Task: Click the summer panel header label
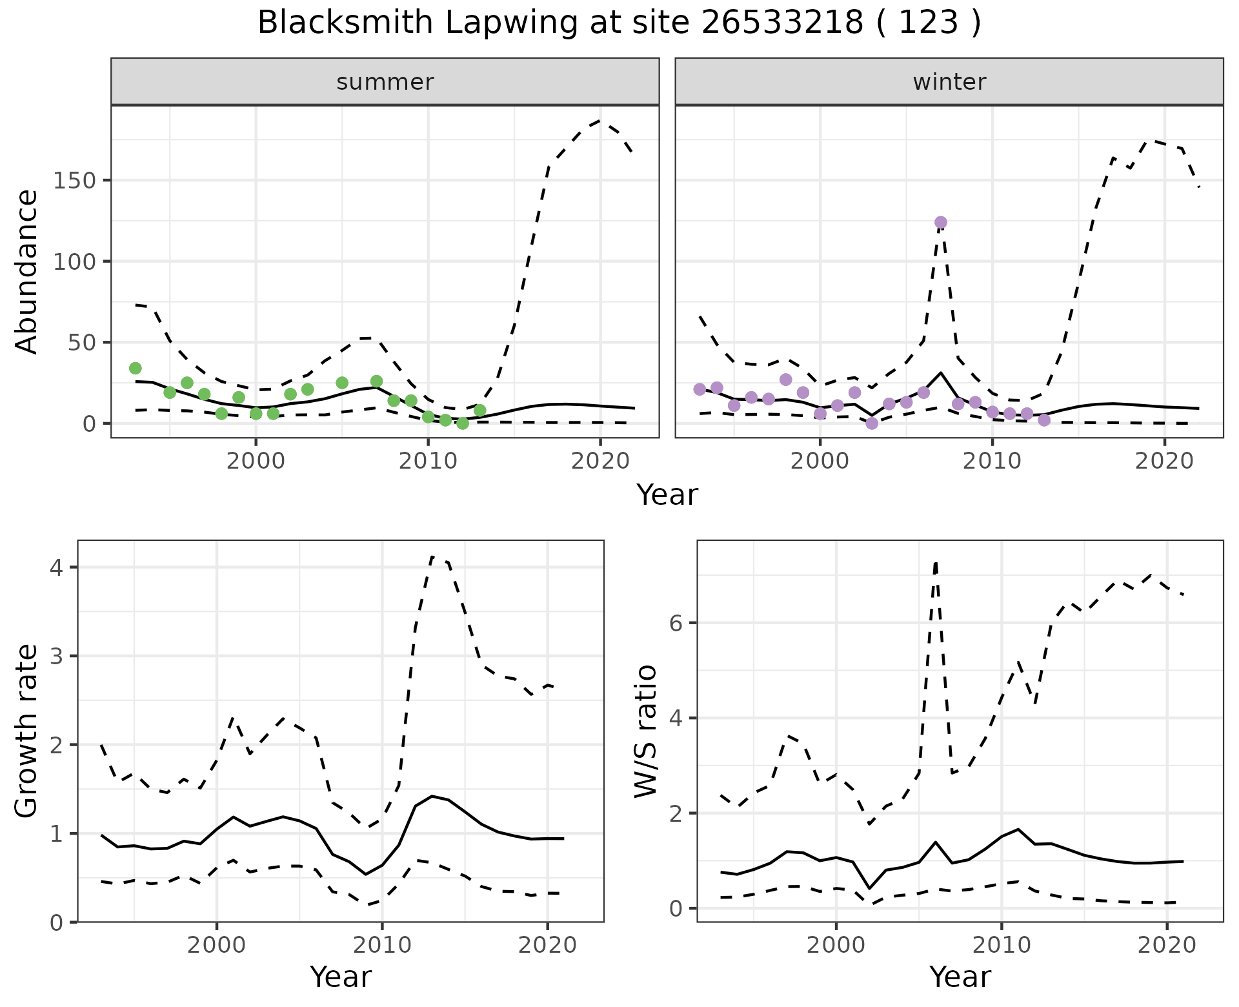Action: [x=385, y=82]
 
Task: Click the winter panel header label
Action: [x=949, y=82]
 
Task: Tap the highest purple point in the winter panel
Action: [x=940, y=223]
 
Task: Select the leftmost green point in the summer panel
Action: [x=136, y=368]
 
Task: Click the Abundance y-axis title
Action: [x=27, y=271]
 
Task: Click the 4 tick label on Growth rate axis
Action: [x=57, y=567]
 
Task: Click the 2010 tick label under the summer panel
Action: [x=428, y=462]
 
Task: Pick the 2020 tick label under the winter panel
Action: [x=1164, y=462]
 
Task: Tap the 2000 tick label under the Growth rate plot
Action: [x=217, y=946]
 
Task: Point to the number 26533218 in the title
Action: [x=782, y=23]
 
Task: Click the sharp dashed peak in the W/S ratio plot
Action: [x=935, y=564]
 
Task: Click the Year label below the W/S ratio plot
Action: [x=960, y=977]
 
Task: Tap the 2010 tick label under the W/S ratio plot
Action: [x=1001, y=946]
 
